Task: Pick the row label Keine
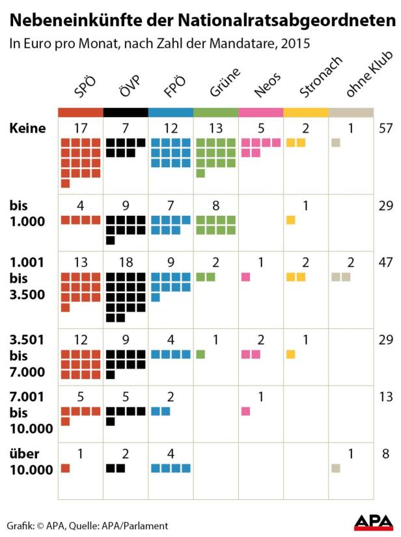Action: coord(27,128)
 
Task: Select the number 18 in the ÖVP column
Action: coord(126,261)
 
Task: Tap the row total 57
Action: coord(386,128)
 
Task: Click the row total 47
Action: coord(386,261)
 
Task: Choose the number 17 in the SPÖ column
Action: coord(81,128)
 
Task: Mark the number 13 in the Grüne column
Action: coord(216,128)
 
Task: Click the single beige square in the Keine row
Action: coord(336,142)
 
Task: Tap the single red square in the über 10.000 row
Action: coord(65,468)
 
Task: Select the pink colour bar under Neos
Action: coord(261,112)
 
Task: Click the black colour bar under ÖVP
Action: coord(126,112)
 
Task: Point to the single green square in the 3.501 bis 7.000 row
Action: coord(200,354)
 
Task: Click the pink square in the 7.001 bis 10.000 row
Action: coord(245,411)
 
